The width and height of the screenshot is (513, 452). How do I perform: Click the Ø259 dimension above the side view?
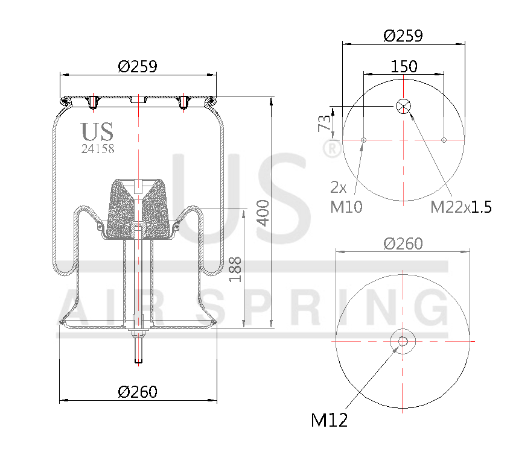tap(138, 67)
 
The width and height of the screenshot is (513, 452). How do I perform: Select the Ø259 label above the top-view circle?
tap(403, 36)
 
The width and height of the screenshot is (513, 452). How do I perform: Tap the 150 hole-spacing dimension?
tap(403, 66)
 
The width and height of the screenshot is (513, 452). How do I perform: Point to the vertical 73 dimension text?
tap(324, 123)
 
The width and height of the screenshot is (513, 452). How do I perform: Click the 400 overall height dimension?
tap(263, 213)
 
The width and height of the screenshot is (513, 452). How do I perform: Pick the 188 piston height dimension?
tap(235, 269)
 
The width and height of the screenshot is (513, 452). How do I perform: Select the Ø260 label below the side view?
tap(138, 392)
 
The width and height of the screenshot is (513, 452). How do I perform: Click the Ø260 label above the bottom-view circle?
tap(403, 243)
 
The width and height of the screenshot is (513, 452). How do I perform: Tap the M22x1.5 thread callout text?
tap(460, 207)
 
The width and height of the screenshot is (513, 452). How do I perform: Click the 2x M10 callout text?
tap(346, 197)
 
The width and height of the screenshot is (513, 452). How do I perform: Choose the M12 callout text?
tap(329, 419)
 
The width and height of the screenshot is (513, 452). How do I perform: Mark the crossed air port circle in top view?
tap(403, 107)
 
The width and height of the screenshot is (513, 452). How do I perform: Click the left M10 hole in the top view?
tap(363, 140)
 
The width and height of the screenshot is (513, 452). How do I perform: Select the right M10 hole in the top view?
tap(444, 140)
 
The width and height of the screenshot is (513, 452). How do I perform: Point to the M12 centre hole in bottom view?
tap(403, 341)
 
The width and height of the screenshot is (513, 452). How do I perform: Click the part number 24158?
tap(98, 148)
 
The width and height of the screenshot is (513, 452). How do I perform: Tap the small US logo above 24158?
tap(97, 131)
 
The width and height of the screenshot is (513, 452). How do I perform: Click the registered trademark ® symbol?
tap(331, 148)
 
